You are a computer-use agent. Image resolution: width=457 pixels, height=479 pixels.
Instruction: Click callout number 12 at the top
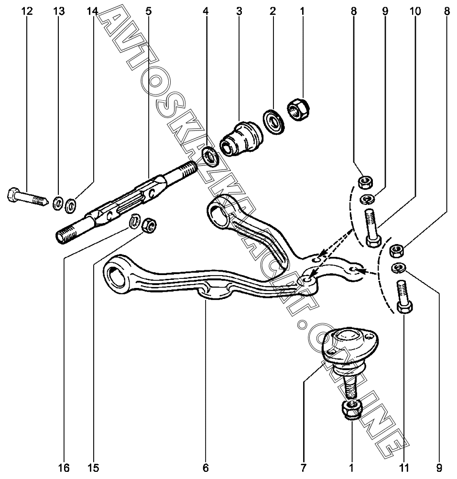27,11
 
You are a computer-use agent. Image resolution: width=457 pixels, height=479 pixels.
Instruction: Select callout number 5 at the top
148,11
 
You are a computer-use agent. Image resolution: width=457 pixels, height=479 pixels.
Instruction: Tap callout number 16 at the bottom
64,468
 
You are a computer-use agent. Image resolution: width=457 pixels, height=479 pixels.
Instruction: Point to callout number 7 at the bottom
303,468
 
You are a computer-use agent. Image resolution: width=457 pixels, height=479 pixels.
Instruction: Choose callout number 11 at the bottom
404,468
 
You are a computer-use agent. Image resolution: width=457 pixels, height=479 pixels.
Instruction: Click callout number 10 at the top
415,11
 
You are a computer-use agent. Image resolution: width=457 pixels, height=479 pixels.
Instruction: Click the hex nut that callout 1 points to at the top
298,110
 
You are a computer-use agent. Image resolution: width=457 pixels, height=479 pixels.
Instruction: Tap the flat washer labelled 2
274,122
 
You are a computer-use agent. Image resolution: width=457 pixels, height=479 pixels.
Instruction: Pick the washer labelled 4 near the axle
211,157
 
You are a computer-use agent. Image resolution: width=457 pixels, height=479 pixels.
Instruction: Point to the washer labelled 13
58,203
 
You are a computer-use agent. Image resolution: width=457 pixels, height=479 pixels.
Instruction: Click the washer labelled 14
71,205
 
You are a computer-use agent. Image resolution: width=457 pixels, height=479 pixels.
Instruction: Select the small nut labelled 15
150,225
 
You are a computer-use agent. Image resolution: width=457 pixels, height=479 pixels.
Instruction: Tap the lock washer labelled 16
134,221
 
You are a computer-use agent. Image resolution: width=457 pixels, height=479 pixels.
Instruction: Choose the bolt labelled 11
404,296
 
